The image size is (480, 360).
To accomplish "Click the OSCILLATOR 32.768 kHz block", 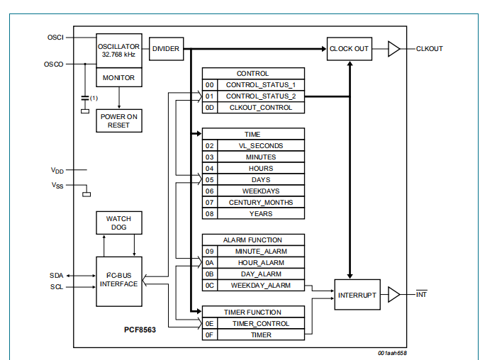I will (x=118, y=50).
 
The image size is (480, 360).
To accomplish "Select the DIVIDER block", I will (x=165, y=49).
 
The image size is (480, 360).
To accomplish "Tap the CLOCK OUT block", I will (x=350, y=49).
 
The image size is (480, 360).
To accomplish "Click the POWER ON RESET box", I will (x=118, y=120).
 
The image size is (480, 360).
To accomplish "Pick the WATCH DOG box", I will (x=118, y=223).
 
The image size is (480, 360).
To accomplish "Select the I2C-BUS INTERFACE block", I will (x=118, y=280).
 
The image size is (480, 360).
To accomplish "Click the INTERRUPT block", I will (x=357, y=294).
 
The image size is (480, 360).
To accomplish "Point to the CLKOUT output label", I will (x=430, y=49).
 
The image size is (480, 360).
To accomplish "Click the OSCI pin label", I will (x=55, y=37).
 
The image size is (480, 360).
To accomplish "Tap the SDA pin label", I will (x=56, y=274).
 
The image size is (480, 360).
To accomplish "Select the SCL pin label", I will (x=56, y=286).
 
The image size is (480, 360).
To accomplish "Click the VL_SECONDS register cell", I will (x=260, y=145).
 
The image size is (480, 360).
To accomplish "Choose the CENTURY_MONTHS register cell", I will (x=260, y=202).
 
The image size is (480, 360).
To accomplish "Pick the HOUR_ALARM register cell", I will (x=260, y=262).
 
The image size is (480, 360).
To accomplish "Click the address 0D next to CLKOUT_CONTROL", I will (x=209, y=108).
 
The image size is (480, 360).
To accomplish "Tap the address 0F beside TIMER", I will (x=209, y=334).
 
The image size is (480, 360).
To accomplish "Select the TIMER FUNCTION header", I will (x=253, y=312).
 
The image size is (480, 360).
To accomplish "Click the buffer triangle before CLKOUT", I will (x=394, y=49).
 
